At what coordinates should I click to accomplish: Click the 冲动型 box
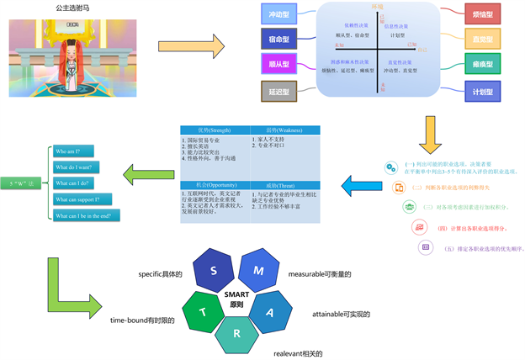[x=279, y=14]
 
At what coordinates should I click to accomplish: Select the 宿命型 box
[x=279, y=39]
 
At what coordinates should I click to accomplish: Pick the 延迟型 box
[x=279, y=89]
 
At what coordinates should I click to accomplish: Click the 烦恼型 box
[x=483, y=14]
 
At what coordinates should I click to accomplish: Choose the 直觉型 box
[x=483, y=39]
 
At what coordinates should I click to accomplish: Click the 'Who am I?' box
[x=85, y=151]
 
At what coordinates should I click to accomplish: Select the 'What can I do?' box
[x=85, y=183]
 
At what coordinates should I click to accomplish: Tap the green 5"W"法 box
[x=23, y=183]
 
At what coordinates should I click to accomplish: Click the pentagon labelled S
[x=214, y=271]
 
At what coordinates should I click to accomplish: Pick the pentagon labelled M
[x=258, y=271]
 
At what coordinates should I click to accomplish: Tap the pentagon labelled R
[x=237, y=334]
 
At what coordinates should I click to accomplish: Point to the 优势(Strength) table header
[x=215, y=130]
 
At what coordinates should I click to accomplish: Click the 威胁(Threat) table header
[x=285, y=184]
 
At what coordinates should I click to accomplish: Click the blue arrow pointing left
[x=361, y=183]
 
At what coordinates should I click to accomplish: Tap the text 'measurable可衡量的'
[x=320, y=273]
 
